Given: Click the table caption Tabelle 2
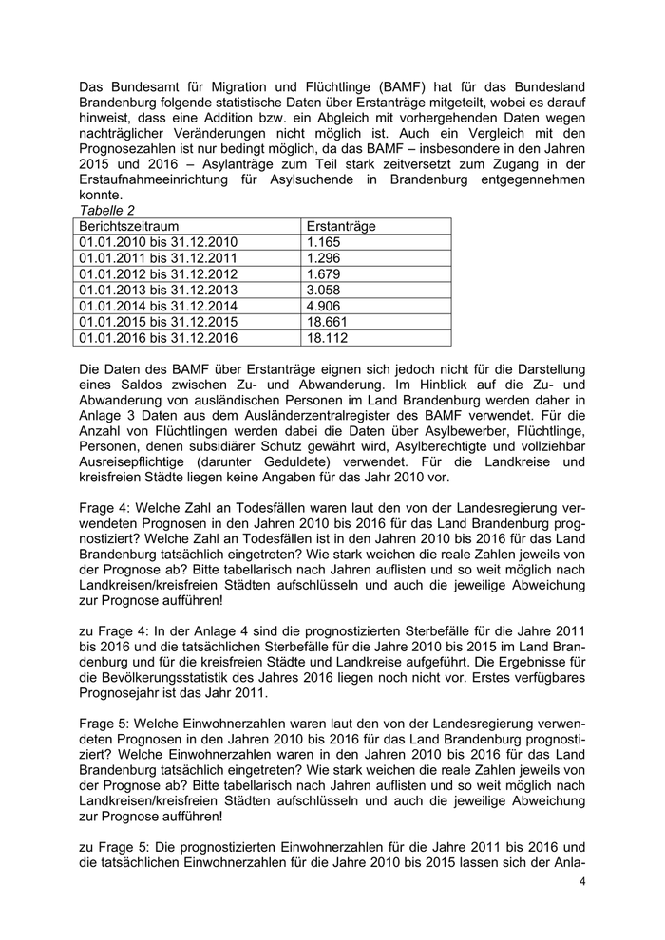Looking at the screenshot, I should click(104, 212).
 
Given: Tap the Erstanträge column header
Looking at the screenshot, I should click(342, 228).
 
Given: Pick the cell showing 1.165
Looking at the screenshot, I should click(324, 243).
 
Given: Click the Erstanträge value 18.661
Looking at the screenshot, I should click(328, 321).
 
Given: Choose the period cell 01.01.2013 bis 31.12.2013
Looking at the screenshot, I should click(160, 290).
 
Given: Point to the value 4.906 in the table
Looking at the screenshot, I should click(324, 306).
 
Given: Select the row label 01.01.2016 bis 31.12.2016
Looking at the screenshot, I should click(160, 336).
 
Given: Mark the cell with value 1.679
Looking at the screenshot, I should click(324, 274).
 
